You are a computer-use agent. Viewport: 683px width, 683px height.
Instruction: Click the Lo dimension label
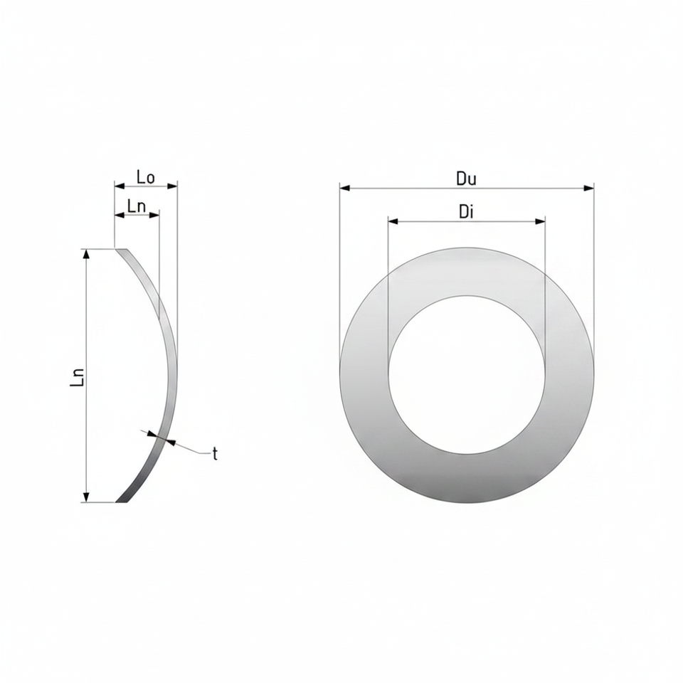[x=145, y=177]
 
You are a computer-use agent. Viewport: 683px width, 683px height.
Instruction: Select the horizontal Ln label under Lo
[x=137, y=206]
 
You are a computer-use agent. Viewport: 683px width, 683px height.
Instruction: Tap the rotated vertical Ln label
[x=77, y=377]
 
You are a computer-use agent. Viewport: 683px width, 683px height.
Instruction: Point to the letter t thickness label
[x=215, y=455]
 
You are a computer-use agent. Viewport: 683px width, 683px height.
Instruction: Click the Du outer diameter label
[x=466, y=179]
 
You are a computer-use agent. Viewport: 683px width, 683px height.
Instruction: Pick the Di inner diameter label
[x=466, y=212]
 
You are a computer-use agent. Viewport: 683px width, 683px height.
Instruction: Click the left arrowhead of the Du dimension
[x=345, y=188]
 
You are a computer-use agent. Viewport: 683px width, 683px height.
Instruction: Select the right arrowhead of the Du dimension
[x=588, y=188]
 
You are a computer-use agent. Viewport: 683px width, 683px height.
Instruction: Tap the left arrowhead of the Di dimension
[x=393, y=221]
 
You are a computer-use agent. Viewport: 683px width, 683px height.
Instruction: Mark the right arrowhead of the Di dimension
[x=540, y=221]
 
